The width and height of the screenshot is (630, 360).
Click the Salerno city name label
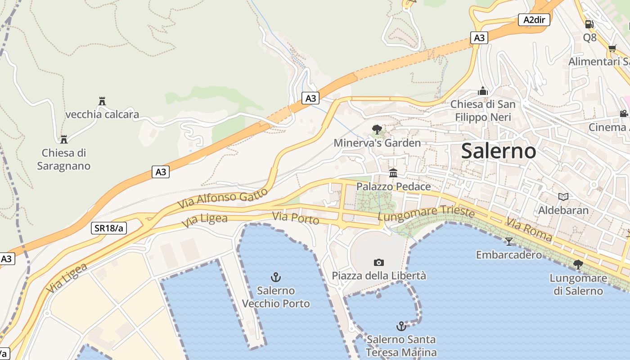point(499,151)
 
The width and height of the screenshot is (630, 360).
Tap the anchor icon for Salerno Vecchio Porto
point(275,277)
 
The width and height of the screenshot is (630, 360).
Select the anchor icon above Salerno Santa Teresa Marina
point(400,326)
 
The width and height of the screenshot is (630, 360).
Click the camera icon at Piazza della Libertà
point(379,262)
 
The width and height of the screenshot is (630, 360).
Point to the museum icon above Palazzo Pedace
point(393,173)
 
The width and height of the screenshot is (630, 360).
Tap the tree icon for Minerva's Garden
point(377,130)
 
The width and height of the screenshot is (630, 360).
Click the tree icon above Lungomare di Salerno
point(578,265)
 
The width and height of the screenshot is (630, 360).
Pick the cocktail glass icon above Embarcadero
point(509,242)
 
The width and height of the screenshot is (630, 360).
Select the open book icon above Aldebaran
point(563,197)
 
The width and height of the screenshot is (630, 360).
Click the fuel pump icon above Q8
point(589,24)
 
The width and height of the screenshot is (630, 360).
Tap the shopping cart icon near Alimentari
point(612,48)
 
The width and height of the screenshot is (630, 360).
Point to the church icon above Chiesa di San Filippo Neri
point(483,91)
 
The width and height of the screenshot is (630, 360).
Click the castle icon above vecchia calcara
point(102,101)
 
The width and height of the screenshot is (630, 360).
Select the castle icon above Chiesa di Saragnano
point(64,139)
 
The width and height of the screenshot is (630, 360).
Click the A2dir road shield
point(534,19)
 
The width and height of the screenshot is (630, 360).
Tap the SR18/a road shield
point(109,228)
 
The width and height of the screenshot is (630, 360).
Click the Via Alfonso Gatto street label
point(223,198)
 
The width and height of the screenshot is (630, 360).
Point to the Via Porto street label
point(296,218)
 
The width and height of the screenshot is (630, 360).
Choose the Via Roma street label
point(529,229)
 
